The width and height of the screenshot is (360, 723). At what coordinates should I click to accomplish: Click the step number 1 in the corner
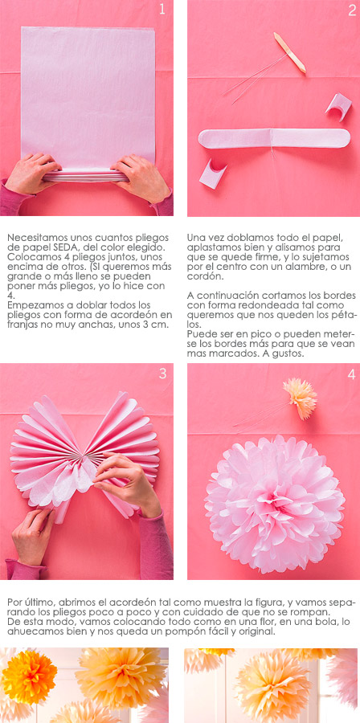[x=162, y=9]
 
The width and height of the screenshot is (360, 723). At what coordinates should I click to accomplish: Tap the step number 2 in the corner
[x=352, y=10]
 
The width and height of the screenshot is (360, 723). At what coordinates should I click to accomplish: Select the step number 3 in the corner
[x=162, y=374]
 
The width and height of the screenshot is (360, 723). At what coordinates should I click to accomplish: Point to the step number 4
[x=351, y=375]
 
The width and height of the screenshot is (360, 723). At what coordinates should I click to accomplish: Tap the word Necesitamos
[x=35, y=238]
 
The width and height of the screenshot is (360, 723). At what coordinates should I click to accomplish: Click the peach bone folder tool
[x=289, y=52]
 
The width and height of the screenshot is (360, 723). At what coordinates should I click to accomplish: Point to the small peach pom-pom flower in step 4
[x=300, y=398]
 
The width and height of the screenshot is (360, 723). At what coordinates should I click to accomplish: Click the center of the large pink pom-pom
[x=275, y=504]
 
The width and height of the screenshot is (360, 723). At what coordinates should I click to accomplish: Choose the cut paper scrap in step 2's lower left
[x=213, y=174]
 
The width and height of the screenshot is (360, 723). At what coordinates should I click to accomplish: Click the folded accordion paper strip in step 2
[x=274, y=138]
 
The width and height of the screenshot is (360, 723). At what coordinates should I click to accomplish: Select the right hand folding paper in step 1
[x=140, y=178]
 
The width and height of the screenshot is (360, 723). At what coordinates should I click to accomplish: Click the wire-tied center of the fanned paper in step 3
[x=85, y=456]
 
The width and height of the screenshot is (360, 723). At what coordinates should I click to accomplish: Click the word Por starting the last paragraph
[x=15, y=602]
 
